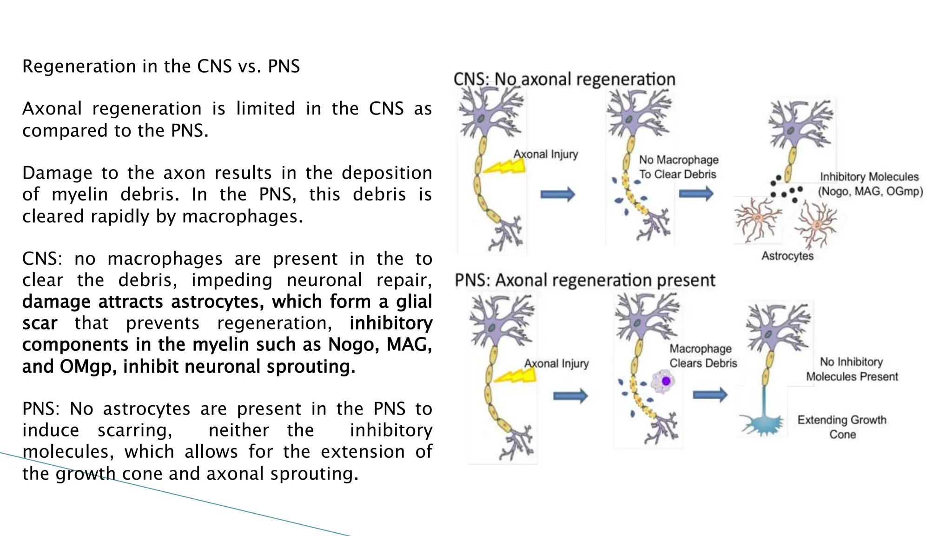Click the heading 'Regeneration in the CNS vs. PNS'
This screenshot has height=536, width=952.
(161, 67)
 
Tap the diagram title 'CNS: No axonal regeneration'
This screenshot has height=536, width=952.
(564, 79)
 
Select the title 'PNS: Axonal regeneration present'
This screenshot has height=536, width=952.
(584, 281)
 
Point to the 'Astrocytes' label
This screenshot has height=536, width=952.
(787, 256)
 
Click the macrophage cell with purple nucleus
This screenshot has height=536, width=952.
(663, 382)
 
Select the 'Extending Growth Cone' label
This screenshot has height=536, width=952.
(842, 427)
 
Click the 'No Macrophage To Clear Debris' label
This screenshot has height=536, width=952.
(678, 167)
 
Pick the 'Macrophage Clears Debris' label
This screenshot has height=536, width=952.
(703, 356)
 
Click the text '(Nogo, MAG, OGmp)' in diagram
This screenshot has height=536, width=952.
(870, 191)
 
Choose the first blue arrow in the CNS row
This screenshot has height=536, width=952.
(557, 194)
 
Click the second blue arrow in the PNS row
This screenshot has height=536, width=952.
(709, 395)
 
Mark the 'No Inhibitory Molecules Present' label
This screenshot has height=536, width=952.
(852, 369)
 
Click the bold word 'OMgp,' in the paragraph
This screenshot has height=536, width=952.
(88, 367)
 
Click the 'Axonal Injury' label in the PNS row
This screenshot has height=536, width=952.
(556, 363)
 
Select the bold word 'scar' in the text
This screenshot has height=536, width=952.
(40, 323)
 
